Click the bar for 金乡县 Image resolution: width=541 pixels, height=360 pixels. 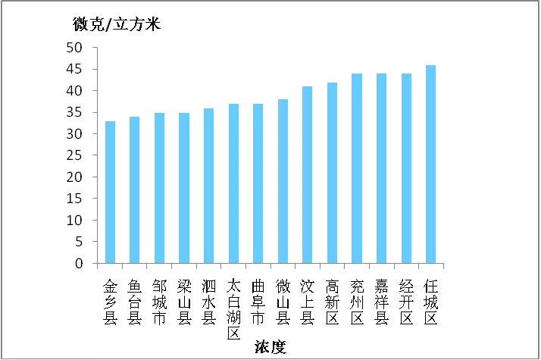click(110, 193)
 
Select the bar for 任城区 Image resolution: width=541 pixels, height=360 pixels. click(430, 164)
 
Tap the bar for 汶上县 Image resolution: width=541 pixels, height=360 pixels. click(307, 175)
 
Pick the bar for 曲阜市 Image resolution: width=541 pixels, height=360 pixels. click(258, 183)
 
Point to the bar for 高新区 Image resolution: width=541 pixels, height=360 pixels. click(333, 173)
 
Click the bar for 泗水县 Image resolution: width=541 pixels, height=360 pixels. click(208, 186)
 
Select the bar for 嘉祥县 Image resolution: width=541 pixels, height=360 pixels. click(381, 168)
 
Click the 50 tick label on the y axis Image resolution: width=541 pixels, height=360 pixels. click(74, 48)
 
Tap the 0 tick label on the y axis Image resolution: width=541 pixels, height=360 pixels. click(79, 263)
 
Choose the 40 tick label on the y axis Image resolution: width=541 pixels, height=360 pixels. click(74, 91)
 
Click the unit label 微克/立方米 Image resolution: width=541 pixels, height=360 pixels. click(117, 24)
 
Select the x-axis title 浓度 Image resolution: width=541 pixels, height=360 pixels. click(270, 347)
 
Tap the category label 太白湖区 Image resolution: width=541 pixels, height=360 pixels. click(233, 310)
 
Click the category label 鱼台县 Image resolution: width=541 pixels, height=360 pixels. click(135, 302)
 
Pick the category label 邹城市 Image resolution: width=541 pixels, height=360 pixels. click(159, 302)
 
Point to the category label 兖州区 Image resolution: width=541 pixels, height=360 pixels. click(357, 302)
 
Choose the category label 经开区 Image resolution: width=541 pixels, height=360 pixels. click(406, 302)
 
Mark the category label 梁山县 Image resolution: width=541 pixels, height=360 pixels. click(184, 302)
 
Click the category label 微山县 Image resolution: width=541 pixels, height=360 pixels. click(283, 302)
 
